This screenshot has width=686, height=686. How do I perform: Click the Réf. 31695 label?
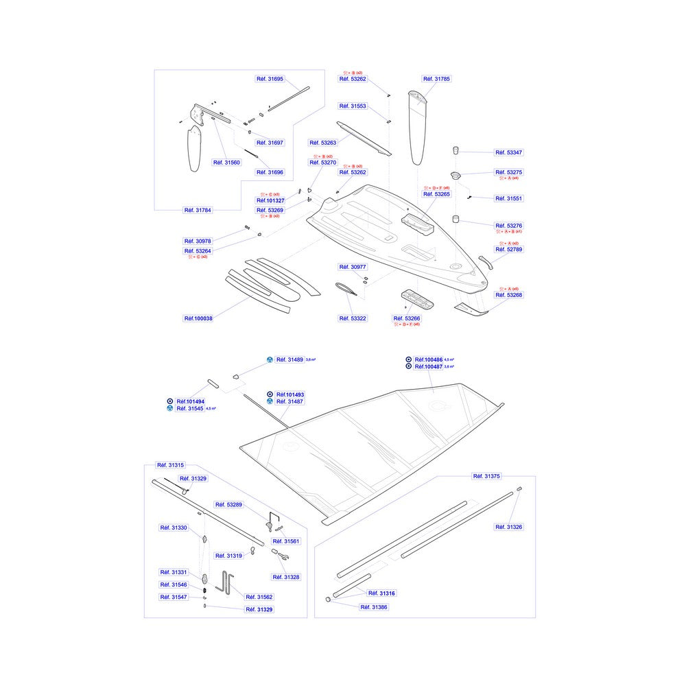tap(270, 79)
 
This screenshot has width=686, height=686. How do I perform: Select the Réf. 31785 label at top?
tap(436, 79)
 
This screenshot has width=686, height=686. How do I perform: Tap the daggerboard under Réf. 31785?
tap(420, 127)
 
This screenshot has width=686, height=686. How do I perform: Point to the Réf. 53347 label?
tap(509, 152)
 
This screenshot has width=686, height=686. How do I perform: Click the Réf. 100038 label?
tap(198, 319)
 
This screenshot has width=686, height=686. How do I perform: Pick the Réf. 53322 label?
tap(353, 319)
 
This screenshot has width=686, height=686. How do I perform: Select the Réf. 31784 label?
tap(198, 210)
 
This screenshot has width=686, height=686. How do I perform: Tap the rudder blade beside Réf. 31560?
tap(195, 147)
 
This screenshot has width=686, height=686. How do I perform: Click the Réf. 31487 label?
tap(289, 401)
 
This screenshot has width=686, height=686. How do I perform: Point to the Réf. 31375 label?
tap(486, 475)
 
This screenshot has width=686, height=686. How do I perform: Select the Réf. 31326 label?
tap(509, 527)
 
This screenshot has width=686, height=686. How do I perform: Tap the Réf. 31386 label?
tap(374, 607)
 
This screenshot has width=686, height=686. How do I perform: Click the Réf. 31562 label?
tap(259, 597)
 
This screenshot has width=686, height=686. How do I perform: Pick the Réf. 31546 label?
tap(174, 584)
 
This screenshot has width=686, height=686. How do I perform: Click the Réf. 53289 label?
tap(229, 504)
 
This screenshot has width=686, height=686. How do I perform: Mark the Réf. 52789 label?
tap(509, 250)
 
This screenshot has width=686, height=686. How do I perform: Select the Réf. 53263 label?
tap(324, 143)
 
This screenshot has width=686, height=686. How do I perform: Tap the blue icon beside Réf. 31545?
tap(170, 409)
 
